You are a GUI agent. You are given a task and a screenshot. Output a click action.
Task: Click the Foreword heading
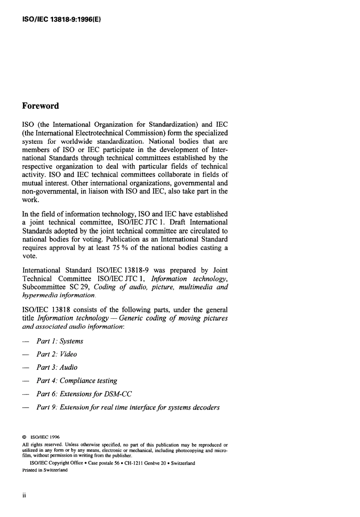41,106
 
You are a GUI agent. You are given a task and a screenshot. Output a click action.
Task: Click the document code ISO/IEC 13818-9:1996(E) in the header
61,17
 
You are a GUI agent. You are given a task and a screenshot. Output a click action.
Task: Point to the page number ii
24,495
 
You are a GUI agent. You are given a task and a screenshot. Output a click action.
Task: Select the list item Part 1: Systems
60,341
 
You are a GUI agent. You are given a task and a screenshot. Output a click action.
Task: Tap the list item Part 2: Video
57,354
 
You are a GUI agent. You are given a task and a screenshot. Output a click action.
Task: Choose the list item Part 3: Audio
57,368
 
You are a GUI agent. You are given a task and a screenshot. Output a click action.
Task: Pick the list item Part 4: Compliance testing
77,381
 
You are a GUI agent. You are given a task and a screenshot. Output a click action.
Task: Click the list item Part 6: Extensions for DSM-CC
84,394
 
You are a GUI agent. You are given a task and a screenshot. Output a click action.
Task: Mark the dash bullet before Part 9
26,408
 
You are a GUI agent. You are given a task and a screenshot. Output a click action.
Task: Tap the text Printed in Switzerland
45,470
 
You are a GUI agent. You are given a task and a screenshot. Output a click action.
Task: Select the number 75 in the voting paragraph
116,248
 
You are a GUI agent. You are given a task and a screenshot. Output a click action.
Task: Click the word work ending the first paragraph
30,200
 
